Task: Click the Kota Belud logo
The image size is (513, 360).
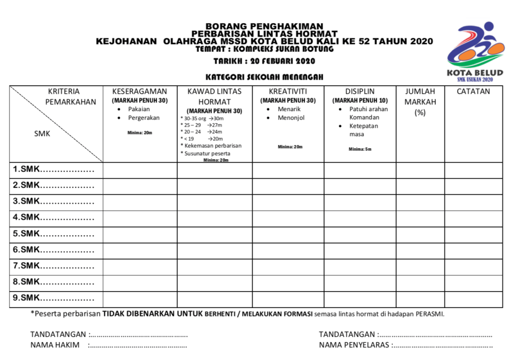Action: click(x=475, y=53)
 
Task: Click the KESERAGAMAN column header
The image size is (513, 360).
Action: click(x=140, y=92)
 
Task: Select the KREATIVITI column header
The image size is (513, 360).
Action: click(x=288, y=92)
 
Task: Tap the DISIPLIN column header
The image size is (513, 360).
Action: click(x=360, y=92)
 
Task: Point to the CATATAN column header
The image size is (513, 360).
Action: click(x=473, y=92)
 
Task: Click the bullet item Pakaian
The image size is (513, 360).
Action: click(x=139, y=109)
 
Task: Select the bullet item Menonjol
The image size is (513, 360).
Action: click(x=291, y=118)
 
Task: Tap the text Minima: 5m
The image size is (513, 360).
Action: click(x=360, y=149)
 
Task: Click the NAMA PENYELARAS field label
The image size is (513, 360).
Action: click(x=354, y=345)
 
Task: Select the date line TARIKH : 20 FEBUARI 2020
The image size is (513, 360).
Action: click(x=264, y=62)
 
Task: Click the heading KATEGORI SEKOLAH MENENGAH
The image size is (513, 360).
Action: click(x=264, y=77)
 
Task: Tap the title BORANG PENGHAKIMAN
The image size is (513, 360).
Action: click(x=264, y=27)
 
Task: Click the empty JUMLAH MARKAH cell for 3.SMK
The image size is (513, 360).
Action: click(x=420, y=202)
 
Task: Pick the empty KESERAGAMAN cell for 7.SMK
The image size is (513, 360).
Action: click(x=140, y=266)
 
